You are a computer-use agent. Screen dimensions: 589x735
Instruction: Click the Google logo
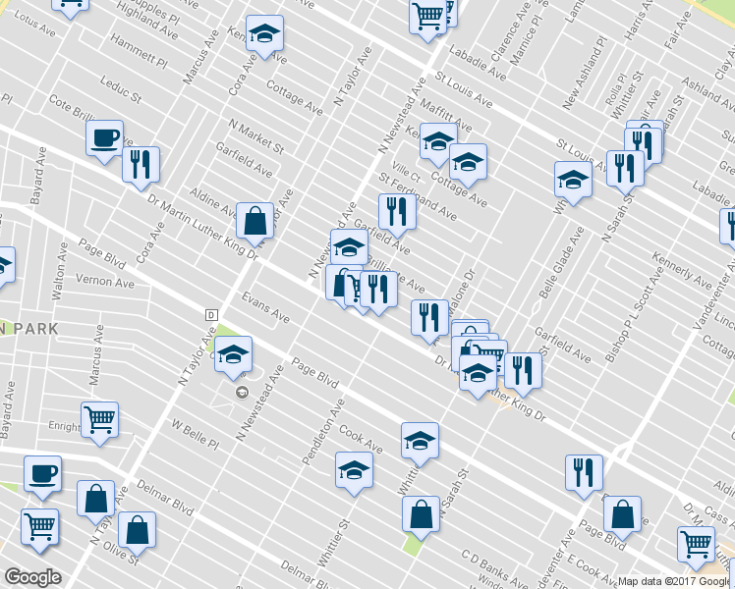pyautogui.click(x=32, y=577)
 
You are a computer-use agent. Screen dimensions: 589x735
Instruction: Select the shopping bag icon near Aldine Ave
pyautogui.click(x=254, y=222)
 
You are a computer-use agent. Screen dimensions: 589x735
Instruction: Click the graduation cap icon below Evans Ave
pyautogui.click(x=233, y=355)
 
